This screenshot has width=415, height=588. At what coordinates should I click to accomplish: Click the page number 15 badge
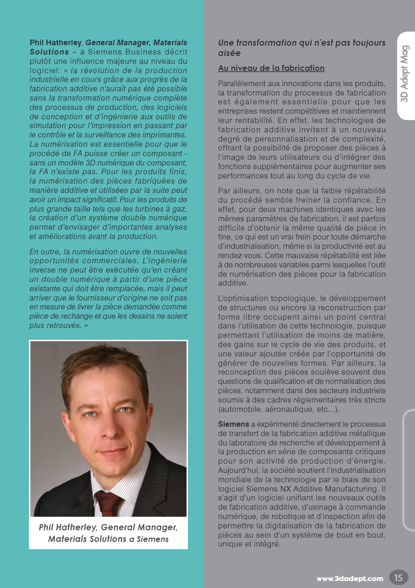(398, 577)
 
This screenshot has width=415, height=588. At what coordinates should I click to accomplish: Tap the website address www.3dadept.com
(350, 579)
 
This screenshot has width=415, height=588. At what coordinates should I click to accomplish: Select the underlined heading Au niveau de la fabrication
(271, 68)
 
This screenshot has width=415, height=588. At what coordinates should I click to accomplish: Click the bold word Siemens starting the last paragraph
(233, 424)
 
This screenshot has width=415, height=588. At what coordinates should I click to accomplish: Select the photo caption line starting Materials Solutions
(108, 539)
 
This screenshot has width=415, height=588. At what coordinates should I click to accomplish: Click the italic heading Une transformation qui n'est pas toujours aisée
(301, 48)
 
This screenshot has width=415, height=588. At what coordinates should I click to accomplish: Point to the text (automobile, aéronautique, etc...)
(279, 410)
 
